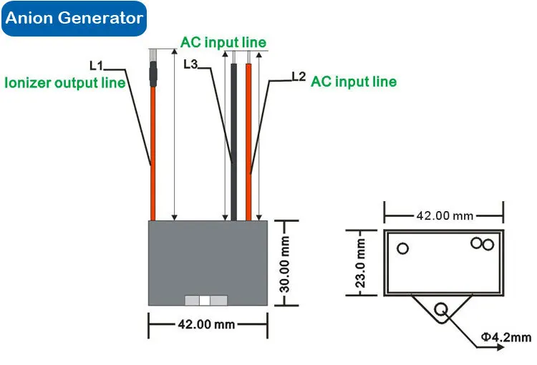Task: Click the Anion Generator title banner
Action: tap(74, 19)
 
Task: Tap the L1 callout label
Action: tap(95, 65)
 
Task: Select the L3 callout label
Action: tap(190, 64)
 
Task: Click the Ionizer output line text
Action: tap(65, 82)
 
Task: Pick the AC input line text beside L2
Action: tap(353, 82)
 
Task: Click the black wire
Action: tap(234, 143)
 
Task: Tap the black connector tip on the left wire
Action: tap(152, 74)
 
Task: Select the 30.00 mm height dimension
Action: tap(284, 263)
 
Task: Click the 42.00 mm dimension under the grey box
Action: tap(206, 324)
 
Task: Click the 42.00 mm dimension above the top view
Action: tap(445, 215)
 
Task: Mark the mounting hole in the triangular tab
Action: tap(441, 309)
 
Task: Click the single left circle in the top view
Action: tap(403, 248)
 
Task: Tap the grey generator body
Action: tap(207, 258)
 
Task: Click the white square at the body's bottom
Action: tap(206, 301)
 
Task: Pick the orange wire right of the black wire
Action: tap(249, 143)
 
